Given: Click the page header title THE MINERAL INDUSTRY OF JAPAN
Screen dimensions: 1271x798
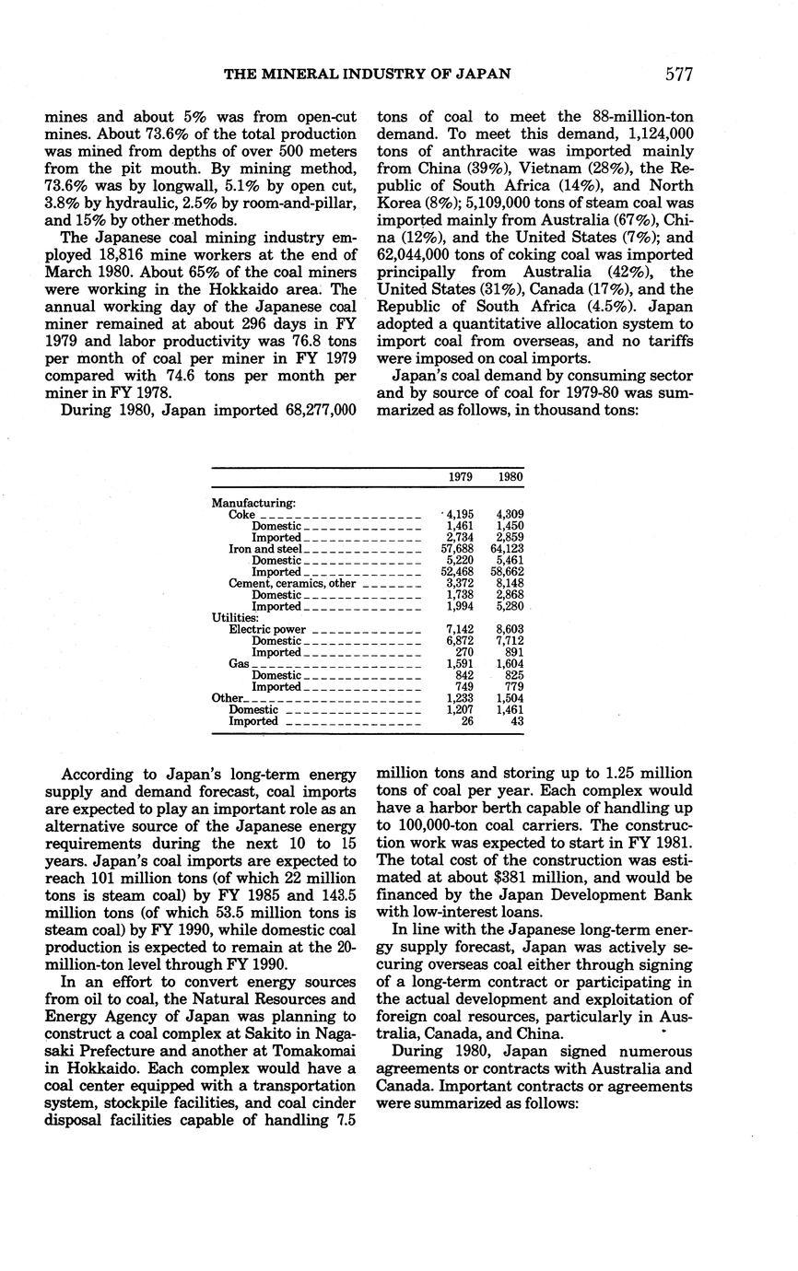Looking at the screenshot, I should pos(368,75).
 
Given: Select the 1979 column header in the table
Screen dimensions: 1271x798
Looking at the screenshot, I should pos(461,478).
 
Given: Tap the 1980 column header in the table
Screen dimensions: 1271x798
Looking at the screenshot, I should pos(510,478).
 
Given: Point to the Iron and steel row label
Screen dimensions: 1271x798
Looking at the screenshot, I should pos(262,549).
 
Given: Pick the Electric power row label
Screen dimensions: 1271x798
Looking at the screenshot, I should pos(267,630).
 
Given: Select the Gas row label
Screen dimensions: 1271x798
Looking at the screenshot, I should pos(238,664).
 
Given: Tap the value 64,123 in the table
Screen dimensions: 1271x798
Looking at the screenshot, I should pos(508,549).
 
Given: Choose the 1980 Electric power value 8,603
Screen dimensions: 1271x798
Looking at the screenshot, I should pos(510,630).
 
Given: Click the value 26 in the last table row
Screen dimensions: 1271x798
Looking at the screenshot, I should pos(467,721).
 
